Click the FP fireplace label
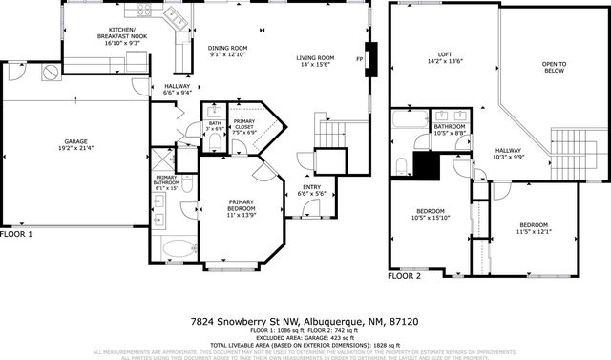click(359, 61)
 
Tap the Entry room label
click(311, 189)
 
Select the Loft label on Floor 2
click(445, 57)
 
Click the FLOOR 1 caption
click(16, 233)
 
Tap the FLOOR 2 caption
click(404, 275)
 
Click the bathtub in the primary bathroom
click(177, 251)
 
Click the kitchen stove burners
click(145, 11)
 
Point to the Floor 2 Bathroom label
click(450, 129)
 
